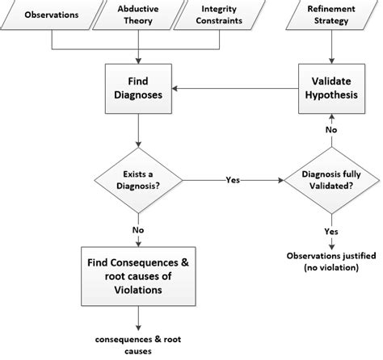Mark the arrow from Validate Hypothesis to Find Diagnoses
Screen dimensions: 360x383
pos(234,90)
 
